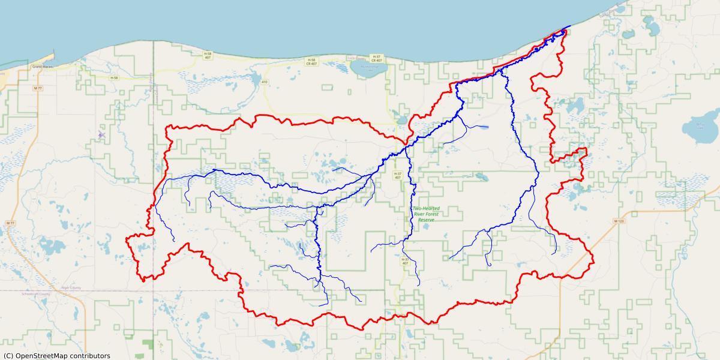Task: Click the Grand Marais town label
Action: pyautogui.click(x=43, y=66)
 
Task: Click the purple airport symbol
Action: pyautogui.click(x=101, y=135)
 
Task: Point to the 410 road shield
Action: pyautogui.click(x=264, y=81)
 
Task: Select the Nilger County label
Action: pyautogui.click(x=71, y=288)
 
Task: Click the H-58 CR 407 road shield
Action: pyautogui.click(x=311, y=61)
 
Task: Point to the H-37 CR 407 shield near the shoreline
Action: pyautogui.click(x=377, y=58)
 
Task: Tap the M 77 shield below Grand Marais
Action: pyautogui.click(x=38, y=88)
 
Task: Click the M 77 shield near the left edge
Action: pyautogui.click(x=10, y=223)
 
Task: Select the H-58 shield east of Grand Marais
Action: pyautogui.click(x=114, y=77)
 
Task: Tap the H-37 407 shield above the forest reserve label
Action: pyautogui.click(x=397, y=176)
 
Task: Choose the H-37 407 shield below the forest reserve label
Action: pyautogui.click(x=405, y=261)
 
